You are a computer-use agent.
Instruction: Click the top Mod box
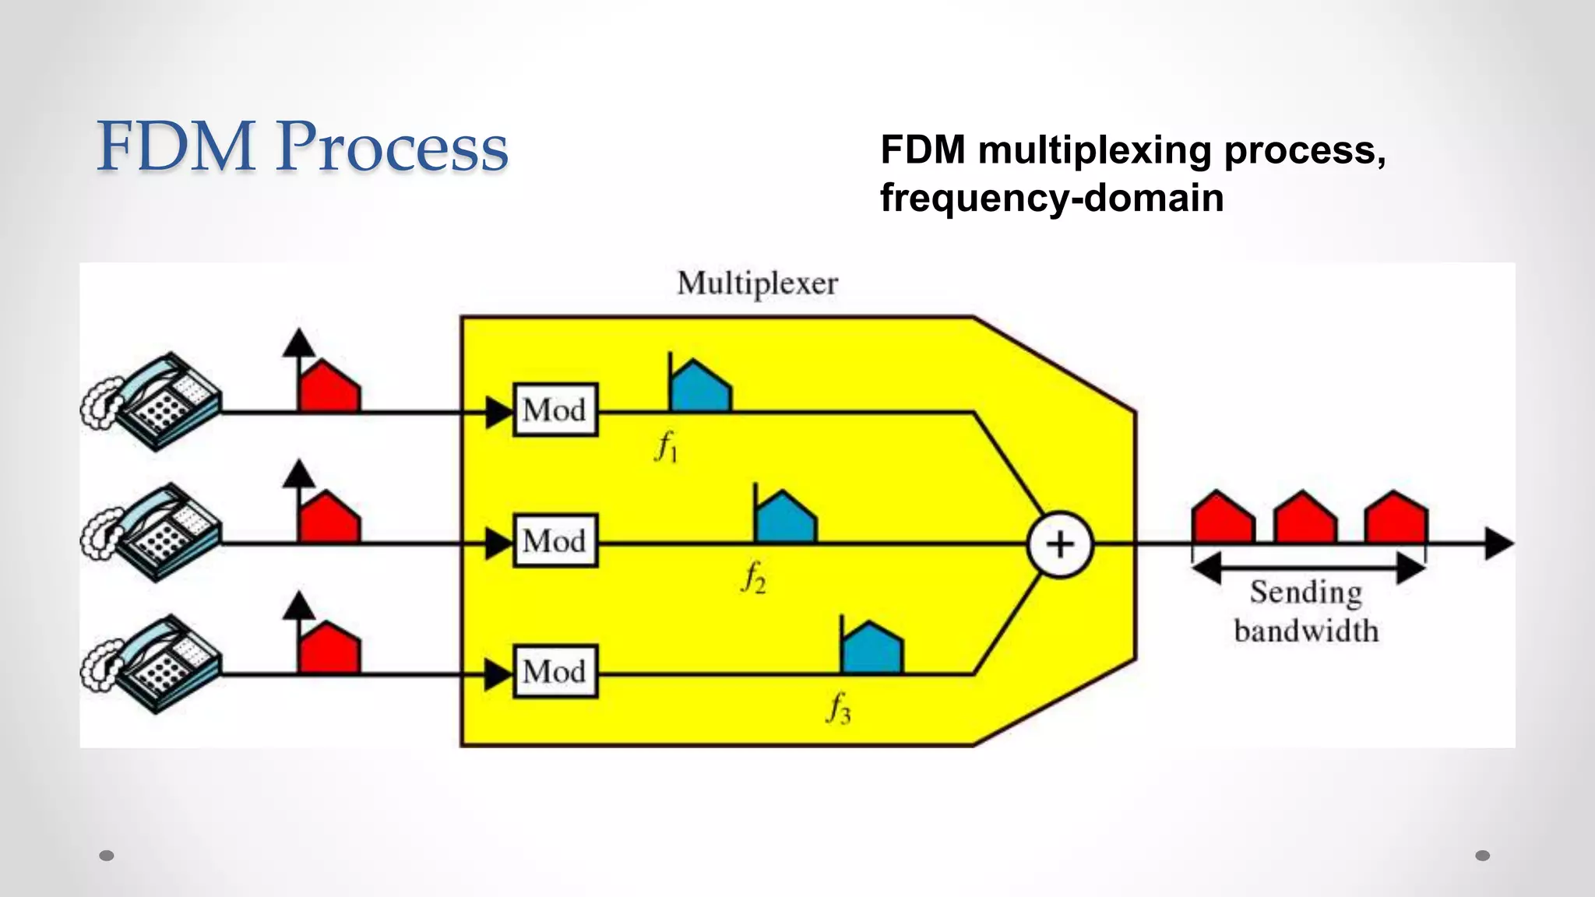click(x=555, y=410)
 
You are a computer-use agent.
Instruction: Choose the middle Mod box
click(x=555, y=540)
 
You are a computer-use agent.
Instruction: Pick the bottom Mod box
click(x=555, y=671)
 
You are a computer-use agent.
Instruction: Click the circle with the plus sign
click(x=1060, y=544)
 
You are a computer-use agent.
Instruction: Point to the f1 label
click(x=667, y=447)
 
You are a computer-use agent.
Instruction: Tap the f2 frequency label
click(x=753, y=578)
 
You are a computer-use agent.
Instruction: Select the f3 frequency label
click(x=839, y=709)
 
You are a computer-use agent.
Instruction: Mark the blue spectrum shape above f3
click(x=872, y=650)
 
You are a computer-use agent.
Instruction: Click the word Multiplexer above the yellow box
click(x=757, y=283)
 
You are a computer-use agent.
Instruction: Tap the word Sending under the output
click(x=1306, y=593)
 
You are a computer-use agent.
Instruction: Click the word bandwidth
click(x=1306, y=630)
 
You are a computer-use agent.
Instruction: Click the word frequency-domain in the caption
click(x=1051, y=198)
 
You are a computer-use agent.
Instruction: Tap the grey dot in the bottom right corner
click(x=1482, y=856)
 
